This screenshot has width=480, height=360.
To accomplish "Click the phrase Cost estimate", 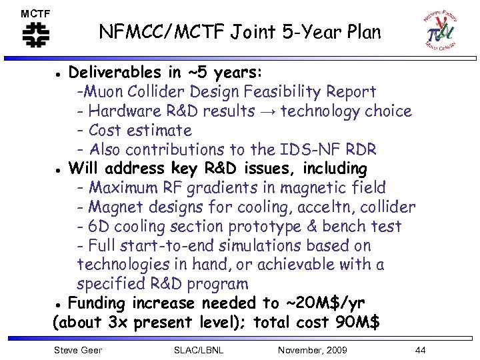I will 140,130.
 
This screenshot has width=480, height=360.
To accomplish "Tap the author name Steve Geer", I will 77,350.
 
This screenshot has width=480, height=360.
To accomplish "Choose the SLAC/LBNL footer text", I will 198,350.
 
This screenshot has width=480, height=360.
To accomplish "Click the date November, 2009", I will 312,350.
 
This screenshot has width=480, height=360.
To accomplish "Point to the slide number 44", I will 419,350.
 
